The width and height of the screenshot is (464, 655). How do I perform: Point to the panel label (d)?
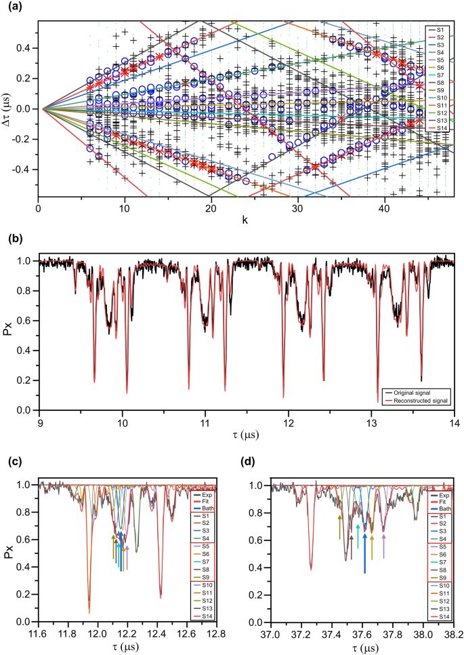[249, 463]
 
